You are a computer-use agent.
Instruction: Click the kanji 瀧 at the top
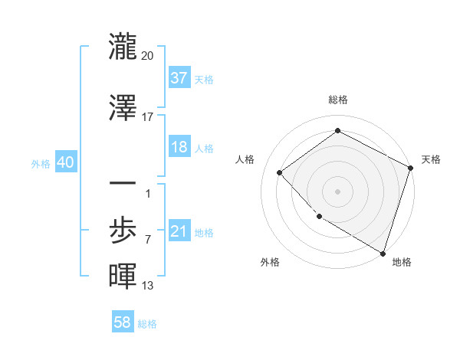(x=123, y=46)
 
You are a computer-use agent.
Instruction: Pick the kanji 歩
(x=123, y=227)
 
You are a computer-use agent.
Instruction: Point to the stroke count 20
(x=148, y=55)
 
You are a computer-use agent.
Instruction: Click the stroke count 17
(x=148, y=116)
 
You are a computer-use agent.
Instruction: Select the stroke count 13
(x=148, y=286)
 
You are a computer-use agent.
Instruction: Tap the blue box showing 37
(x=179, y=77)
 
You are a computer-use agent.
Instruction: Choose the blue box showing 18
(x=179, y=147)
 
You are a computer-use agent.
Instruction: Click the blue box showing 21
(x=179, y=231)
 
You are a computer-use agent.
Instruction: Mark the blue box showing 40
(x=64, y=162)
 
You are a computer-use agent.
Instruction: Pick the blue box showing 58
(x=123, y=322)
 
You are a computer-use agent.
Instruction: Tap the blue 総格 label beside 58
(x=147, y=324)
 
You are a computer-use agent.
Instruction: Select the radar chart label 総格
(x=337, y=100)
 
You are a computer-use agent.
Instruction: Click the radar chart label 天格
(x=431, y=159)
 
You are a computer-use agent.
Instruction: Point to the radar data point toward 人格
(x=280, y=172)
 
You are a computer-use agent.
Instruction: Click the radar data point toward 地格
(x=383, y=252)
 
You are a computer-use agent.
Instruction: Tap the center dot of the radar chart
(x=337, y=191)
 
